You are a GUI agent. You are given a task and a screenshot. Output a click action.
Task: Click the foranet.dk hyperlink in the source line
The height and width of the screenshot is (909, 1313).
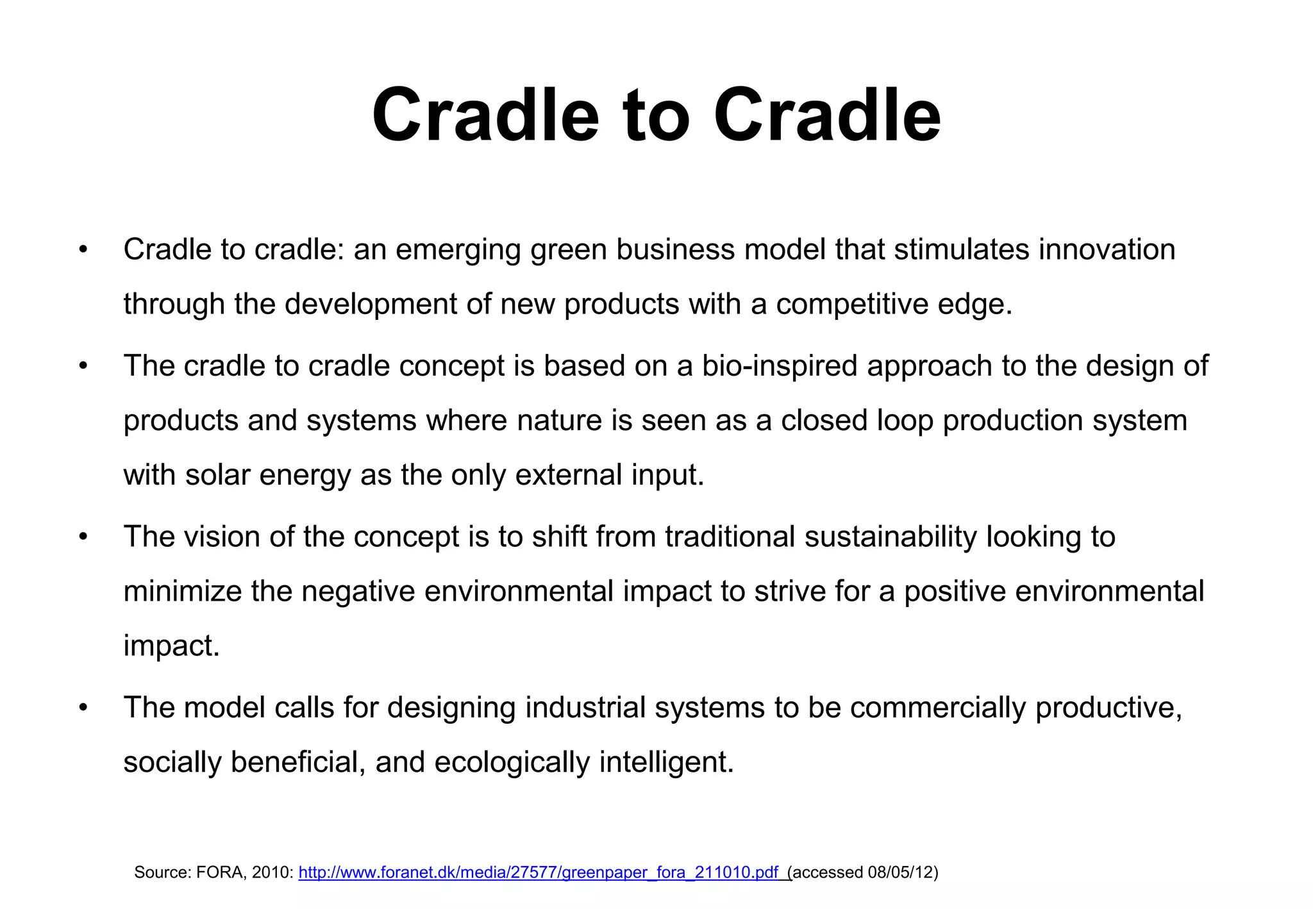pos(539,872)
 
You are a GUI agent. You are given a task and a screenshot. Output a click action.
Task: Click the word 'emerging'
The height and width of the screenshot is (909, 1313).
pos(458,251)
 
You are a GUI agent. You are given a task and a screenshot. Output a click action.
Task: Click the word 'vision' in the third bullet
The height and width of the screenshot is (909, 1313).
pos(222,537)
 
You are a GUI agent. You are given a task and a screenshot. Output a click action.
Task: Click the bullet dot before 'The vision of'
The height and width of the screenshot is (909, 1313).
pos(83,538)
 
